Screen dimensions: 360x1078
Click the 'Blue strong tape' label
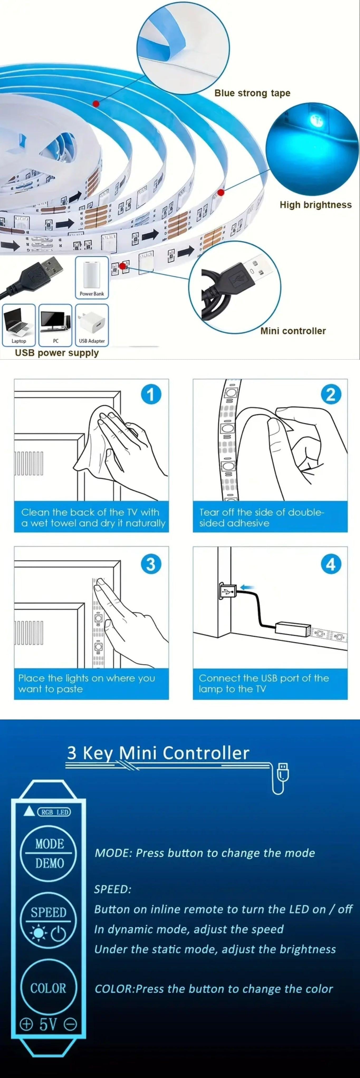tap(252, 93)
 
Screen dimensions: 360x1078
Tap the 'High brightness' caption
tap(316, 205)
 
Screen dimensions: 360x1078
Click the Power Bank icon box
tap(92, 277)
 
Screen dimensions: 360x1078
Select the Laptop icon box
tap(19, 325)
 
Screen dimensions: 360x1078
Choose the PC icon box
tap(55, 325)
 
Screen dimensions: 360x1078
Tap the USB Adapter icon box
tap(92, 325)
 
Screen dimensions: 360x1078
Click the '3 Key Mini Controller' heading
tap(158, 753)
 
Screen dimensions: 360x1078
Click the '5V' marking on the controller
tap(48, 1024)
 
